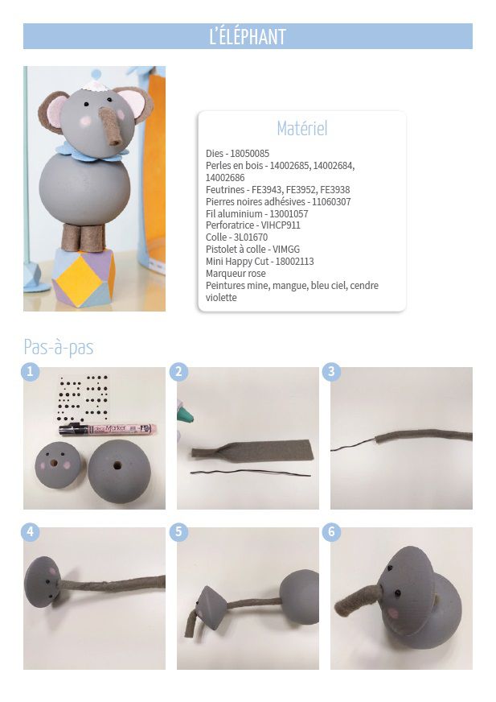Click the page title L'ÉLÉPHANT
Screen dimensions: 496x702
point(248,37)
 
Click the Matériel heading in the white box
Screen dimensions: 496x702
point(302,129)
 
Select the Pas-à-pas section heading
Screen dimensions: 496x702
point(59,348)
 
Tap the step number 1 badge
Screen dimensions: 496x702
point(30,372)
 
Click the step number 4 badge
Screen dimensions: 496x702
point(30,532)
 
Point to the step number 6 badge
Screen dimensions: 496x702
point(331,532)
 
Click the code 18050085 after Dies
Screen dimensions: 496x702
point(249,154)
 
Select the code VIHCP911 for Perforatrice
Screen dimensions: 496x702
point(281,225)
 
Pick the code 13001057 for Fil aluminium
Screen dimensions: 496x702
point(289,213)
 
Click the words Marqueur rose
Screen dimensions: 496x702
point(236,273)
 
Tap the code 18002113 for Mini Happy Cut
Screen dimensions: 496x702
point(295,262)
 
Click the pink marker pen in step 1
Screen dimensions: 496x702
point(108,430)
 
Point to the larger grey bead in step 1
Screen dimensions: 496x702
point(117,471)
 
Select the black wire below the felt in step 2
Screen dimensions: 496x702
point(251,473)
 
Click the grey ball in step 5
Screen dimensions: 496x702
point(300,597)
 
